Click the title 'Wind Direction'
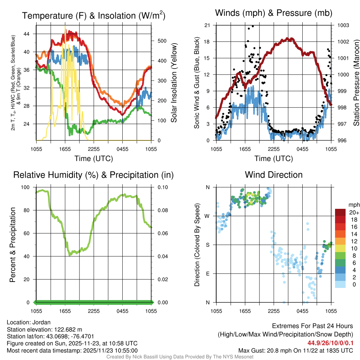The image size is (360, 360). pyautogui.click(x=274, y=175)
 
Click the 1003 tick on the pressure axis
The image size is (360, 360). pyautogui.click(x=343, y=25)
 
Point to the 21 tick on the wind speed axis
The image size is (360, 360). pyautogui.click(x=207, y=25)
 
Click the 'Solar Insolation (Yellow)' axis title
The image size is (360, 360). pyautogui.click(x=174, y=83)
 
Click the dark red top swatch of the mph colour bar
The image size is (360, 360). pyautogui.click(x=340, y=212)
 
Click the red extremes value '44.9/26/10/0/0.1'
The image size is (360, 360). pyautogui.click(x=331, y=343)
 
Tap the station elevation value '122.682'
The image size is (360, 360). pyautogui.click(x=66, y=329)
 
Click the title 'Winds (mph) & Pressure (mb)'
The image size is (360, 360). pyautogui.click(x=274, y=13)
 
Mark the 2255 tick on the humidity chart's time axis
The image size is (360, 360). pyautogui.click(x=94, y=311)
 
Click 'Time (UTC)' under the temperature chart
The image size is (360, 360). pyautogui.click(x=94, y=159)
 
